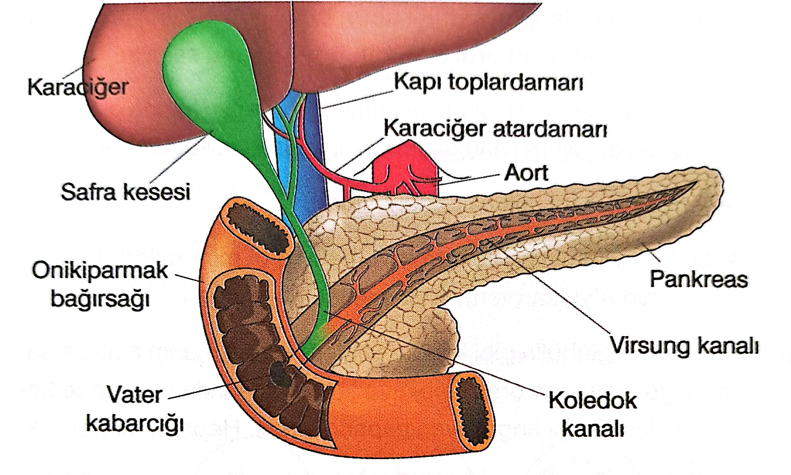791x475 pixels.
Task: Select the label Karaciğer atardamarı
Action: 495,129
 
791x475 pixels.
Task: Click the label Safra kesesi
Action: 125,192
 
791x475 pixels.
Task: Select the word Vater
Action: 135,395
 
